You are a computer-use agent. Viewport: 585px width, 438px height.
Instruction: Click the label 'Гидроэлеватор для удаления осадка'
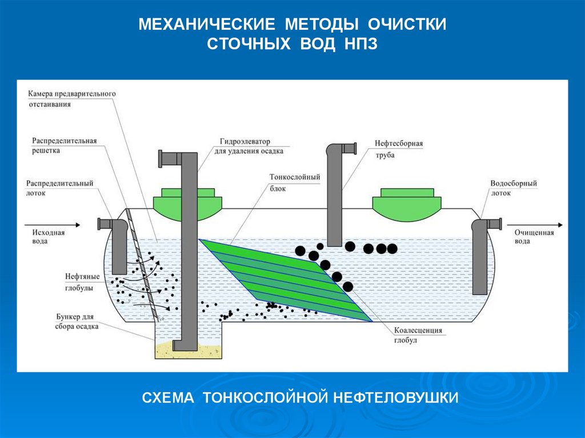point(249,146)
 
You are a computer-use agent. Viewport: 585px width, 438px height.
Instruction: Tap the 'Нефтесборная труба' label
point(399,149)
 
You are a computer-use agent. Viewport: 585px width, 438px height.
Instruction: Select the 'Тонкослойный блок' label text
point(295,182)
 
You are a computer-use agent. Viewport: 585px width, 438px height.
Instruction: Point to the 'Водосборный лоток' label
point(514,188)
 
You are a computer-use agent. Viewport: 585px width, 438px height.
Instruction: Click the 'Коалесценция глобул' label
point(418,335)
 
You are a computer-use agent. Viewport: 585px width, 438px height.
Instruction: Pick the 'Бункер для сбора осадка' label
point(77,322)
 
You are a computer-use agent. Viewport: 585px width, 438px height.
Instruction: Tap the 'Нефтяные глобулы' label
point(82,282)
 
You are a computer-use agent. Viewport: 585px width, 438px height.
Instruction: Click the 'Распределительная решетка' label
point(64,146)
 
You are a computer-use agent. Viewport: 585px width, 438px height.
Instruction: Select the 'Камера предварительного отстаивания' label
point(72,98)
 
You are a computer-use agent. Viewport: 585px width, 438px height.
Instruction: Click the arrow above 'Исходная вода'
point(52,225)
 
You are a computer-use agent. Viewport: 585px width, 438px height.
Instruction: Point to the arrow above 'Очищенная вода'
point(535,225)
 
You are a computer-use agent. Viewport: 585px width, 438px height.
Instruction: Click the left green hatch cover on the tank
point(187,204)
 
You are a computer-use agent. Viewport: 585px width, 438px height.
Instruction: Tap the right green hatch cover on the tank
point(407,204)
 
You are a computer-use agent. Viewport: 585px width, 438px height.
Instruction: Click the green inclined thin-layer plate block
point(286,280)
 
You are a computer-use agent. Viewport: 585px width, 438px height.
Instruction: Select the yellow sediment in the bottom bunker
point(188,351)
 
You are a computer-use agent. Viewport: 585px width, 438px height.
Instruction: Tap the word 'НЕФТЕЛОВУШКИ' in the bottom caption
point(395,397)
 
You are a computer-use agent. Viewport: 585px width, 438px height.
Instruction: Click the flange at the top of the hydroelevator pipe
point(161,159)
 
